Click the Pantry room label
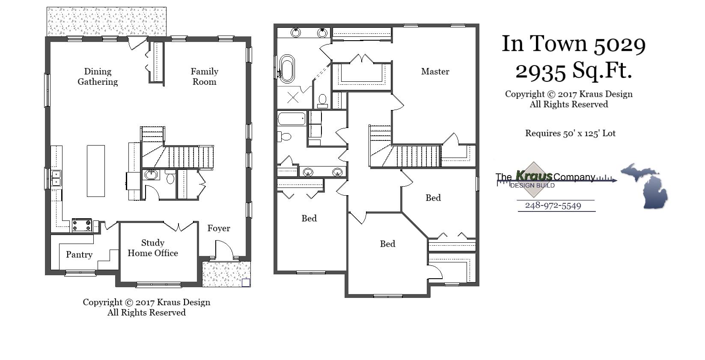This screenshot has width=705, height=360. coord(79,255)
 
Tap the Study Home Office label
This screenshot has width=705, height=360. coord(153,248)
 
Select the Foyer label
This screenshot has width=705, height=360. coord(219,228)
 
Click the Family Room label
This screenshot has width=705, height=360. coord(205,77)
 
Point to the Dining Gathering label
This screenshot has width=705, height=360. coord(98,77)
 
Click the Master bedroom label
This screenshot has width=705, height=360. coord(435,71)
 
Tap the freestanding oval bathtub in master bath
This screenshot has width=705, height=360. coord(287,68)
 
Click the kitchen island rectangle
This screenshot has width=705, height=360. coord(96,171)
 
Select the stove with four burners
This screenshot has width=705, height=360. coord(82,225)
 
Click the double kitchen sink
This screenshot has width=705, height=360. coord(56,178)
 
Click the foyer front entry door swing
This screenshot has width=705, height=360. coord(223,250)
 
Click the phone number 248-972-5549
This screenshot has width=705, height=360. coord(553,205)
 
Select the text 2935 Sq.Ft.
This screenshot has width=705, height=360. coord(574,71)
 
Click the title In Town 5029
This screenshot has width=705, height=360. coord(574,44)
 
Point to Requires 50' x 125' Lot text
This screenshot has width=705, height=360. coord(570,133)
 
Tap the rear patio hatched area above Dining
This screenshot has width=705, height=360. coord(106,21)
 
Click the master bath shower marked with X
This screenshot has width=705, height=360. coord(293,98)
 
